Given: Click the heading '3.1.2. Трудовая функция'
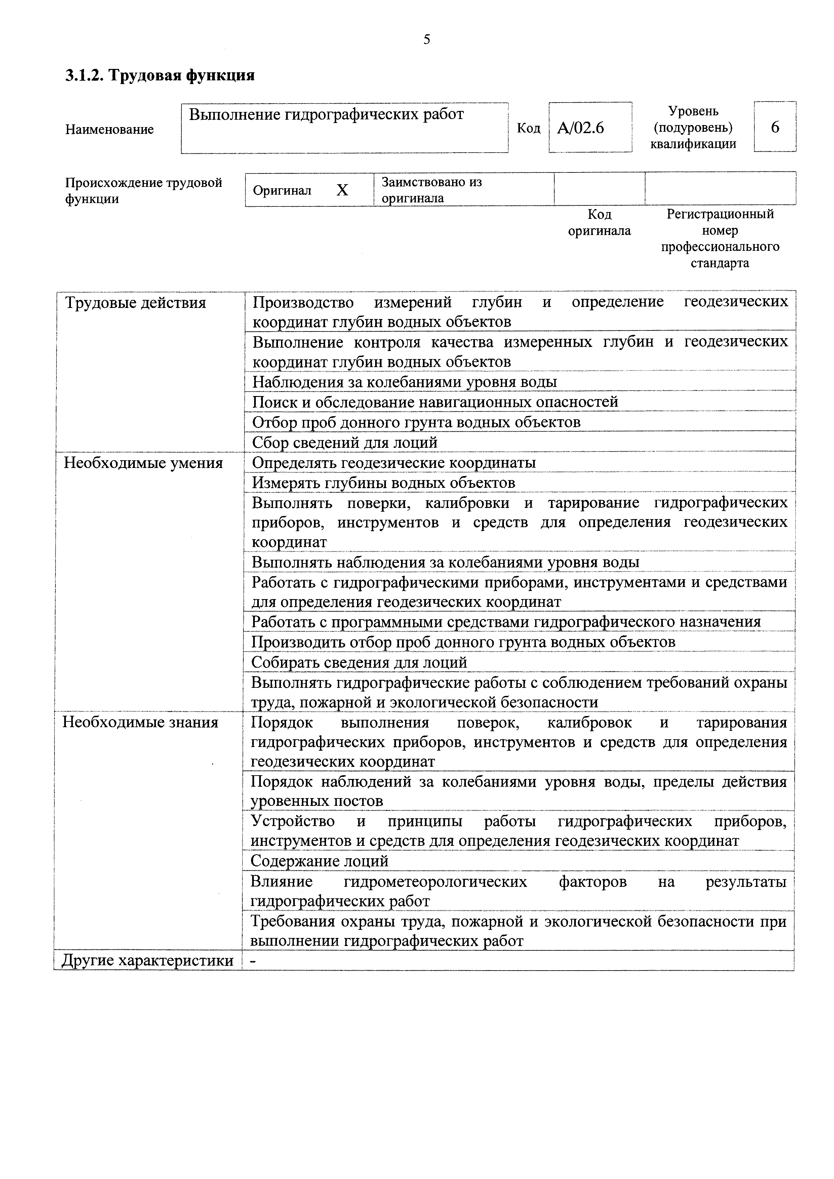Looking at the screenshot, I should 160,76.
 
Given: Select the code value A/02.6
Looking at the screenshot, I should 580,127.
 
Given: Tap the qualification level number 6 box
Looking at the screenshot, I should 775,127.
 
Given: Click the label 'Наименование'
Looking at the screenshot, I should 109,129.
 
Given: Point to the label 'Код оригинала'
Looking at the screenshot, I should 599,222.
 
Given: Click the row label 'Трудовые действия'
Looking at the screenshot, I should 135,303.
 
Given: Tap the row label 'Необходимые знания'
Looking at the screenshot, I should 140,722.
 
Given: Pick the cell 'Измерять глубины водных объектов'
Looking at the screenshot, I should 383,483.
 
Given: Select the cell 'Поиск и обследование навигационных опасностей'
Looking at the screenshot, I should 435,402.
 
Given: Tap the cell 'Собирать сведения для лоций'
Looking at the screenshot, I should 359,662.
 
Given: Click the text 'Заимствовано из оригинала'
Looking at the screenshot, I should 431,190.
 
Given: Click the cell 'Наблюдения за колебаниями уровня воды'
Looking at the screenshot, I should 405,382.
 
